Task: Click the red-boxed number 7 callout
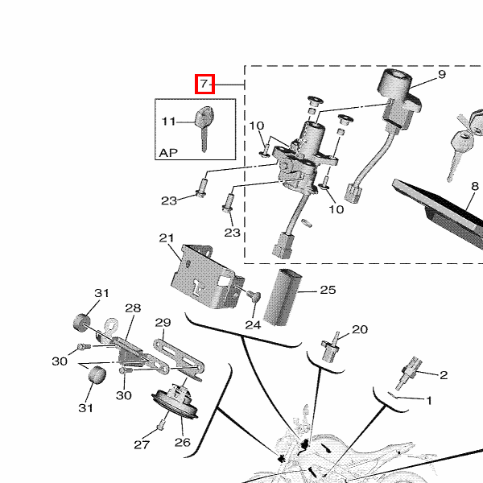point(204,84)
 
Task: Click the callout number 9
point(441,75)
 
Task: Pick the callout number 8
point(474,186)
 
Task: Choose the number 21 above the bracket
point(167,238)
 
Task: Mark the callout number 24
point(253,325)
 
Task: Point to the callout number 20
point(359,329)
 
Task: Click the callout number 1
point(429,399)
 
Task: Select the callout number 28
point(133,308)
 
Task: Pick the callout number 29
point(163,323)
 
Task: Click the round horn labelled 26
point(175,402)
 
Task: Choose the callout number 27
point(142,444)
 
